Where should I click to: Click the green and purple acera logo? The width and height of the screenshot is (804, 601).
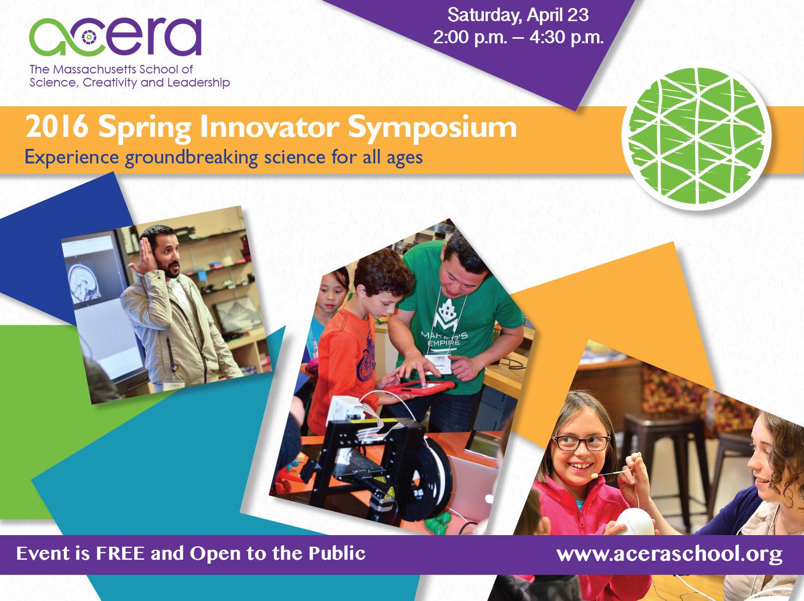115,37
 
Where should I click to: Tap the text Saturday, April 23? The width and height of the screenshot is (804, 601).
518,16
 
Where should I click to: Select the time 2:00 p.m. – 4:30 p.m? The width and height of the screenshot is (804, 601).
518,37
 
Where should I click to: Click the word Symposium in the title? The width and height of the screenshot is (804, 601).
432,128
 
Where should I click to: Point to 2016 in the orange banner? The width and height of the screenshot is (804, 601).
57,126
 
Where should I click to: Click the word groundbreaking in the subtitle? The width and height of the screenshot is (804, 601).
191,158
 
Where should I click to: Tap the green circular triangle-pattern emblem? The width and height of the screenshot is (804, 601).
696,136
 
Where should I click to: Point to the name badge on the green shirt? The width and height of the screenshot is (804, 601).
439,363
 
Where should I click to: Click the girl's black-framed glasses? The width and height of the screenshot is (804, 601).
581,443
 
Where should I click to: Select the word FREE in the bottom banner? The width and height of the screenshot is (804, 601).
120,553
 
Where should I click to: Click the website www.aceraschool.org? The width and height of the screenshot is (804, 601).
669,554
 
